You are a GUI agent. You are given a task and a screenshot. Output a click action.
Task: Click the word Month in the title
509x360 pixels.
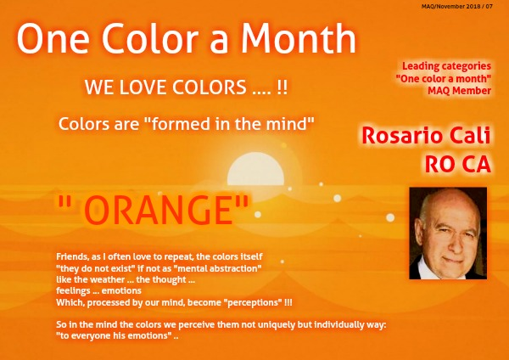298,39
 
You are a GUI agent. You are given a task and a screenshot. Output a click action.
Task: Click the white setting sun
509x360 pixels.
255,169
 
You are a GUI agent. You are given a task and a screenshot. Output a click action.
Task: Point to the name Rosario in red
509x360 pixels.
402,136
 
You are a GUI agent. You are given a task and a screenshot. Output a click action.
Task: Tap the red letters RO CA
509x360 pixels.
457,165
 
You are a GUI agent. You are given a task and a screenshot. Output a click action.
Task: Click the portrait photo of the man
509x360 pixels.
448,233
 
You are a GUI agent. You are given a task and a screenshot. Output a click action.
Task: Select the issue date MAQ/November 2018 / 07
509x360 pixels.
457,6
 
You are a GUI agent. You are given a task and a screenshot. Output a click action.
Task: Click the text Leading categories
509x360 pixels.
447,66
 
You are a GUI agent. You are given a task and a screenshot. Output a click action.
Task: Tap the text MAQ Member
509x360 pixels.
459,91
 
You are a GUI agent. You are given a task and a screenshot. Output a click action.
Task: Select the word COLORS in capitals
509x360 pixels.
209,87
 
